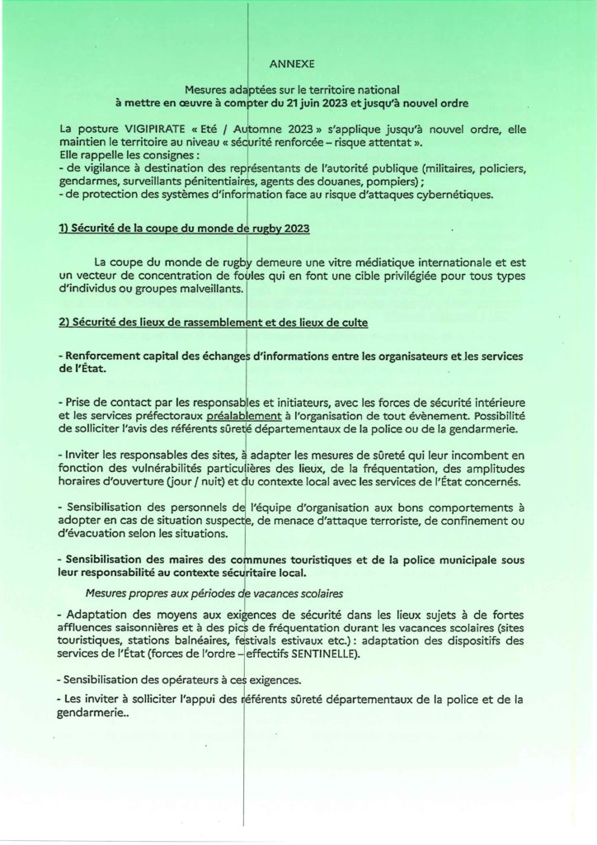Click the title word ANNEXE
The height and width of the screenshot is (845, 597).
(291, 62)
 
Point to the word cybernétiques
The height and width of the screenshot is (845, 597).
(455, 195)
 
